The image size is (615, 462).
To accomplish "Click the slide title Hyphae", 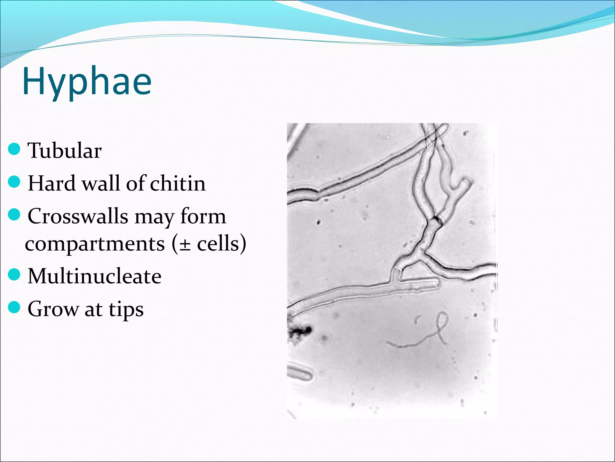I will [x=87, y=82].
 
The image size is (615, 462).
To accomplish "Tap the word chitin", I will [x=177, y=183].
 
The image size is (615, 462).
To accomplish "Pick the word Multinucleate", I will [x=94, y=276].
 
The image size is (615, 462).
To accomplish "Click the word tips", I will [x=126, y=310].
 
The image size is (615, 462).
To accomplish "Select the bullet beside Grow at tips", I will [x=14, y=308].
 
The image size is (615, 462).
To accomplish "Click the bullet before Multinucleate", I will [x=14, y=275].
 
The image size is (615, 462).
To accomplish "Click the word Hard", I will [x=52, y=183].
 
